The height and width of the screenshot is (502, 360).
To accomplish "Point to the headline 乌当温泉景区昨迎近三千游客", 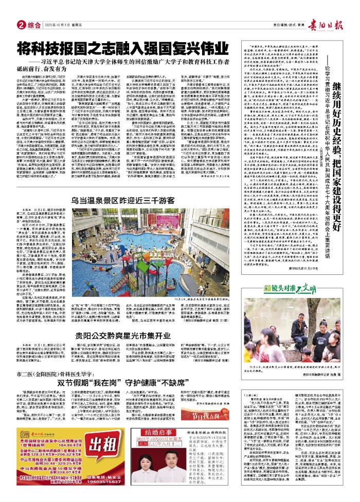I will tap(97, 170).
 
